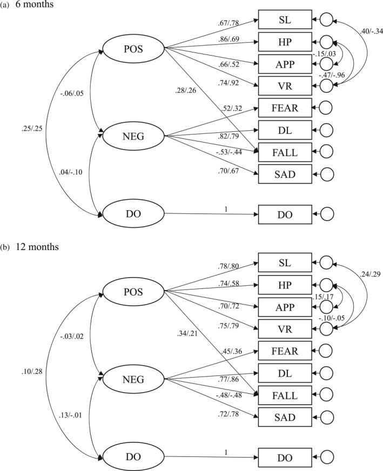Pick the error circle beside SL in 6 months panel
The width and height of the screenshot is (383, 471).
coord(326,20)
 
